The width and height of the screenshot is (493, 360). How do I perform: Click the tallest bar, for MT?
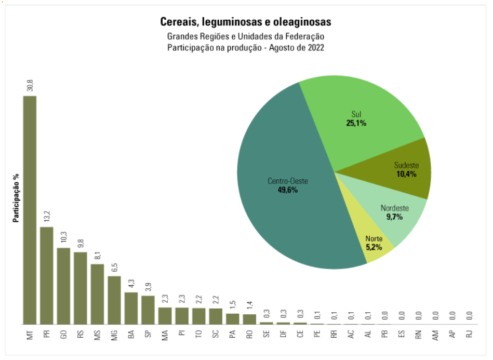(30, 210)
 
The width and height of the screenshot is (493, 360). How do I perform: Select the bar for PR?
(47, 275)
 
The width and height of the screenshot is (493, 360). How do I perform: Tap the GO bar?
(63, 286)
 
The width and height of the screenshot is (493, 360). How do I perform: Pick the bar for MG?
(114, 300)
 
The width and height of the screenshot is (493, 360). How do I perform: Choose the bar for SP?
(148, 310)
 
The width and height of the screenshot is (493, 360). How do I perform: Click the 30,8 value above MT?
(30, 85)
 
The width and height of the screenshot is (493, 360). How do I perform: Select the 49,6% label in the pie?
(288, 190)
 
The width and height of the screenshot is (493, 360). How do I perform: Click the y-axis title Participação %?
(16, 198)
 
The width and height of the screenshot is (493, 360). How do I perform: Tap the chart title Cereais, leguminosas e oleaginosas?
(246, 22)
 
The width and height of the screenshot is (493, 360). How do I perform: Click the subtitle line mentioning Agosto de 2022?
(246, 48)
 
